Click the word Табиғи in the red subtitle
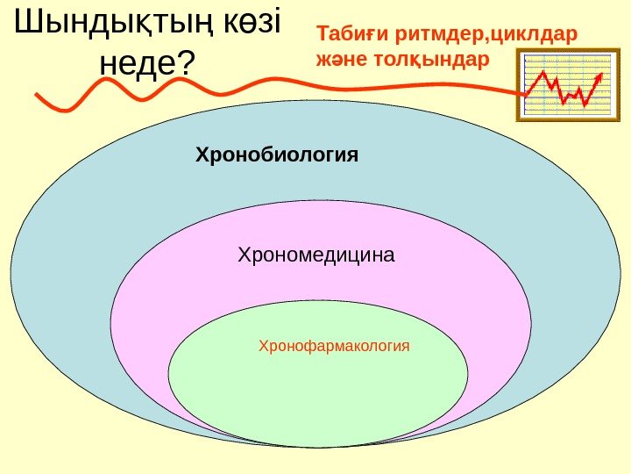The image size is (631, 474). click(352, 36)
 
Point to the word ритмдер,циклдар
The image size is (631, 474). click(486, 36)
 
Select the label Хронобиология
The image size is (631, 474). click(277, 155)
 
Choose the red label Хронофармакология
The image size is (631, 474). click(334, 346)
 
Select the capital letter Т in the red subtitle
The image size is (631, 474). click(323, 36)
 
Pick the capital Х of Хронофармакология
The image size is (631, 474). click(263, 346)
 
